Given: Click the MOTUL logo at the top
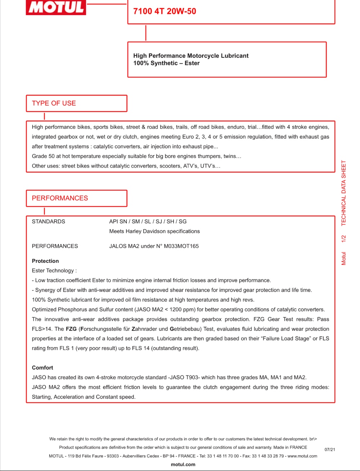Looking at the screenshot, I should (x=56, y=7).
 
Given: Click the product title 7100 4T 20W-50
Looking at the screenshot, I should (x=165, y=11).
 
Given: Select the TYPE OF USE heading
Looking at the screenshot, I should (x=54, y=103).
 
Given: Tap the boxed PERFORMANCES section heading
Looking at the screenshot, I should (x=60, y=198).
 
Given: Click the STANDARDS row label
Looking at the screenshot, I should (x=48, y=221).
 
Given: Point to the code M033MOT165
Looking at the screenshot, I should (x=181, y=246).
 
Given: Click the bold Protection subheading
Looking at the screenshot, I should (x=45, y=261).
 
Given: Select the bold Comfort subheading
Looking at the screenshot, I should (x=42, y=368).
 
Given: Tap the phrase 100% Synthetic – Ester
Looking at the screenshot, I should (x=166, y=63).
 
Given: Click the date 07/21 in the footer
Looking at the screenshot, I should (x=330, y=449).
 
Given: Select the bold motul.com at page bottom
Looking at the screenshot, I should (x=183, y=465).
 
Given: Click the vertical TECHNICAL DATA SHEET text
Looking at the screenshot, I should (x=343, y=193).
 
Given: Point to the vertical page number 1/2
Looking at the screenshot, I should (x=343, y=239).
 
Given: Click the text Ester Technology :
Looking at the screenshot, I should (x=54, y=271).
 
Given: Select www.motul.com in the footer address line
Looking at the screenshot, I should (x=302, y=456).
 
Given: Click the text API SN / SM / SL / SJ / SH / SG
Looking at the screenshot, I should (x=148, y=221).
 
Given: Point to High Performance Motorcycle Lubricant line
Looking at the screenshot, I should (x=191, y=56).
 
